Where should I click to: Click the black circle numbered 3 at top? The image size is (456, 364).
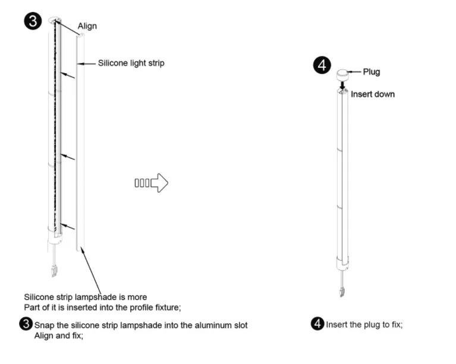(x=33, y=22)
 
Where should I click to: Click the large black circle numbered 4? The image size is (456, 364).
(x=322, y=65)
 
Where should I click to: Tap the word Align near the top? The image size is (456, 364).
(x=87, y=26)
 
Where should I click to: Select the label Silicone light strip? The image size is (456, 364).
(x=131, y=63)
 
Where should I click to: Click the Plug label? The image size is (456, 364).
(x=371, y=72)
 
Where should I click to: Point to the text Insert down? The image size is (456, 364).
(x=372, y=94)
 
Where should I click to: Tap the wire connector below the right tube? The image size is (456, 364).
(x=342, y=291)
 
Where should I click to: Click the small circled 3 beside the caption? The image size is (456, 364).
(x=26, y=325)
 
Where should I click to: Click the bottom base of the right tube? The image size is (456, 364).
(x=342, y=262)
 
